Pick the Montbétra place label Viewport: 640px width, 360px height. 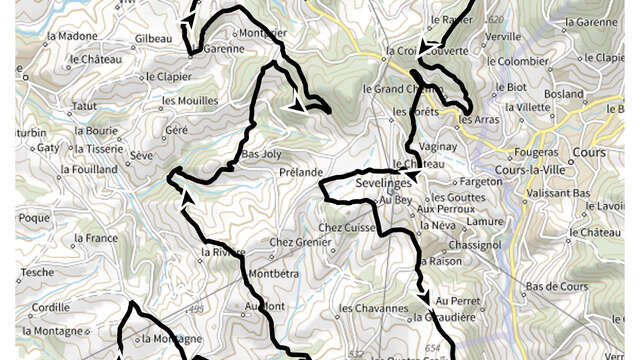[x=273, y=274]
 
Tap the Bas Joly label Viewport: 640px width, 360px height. [x=262, y=155]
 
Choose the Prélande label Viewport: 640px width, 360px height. [x=301, y=172]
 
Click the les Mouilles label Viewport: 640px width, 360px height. [x=189, y=101]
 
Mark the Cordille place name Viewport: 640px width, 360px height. [x=50, y=308]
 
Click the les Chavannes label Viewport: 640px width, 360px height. [x=373, y=308]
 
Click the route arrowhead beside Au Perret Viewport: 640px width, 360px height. [x=426, y=298]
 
